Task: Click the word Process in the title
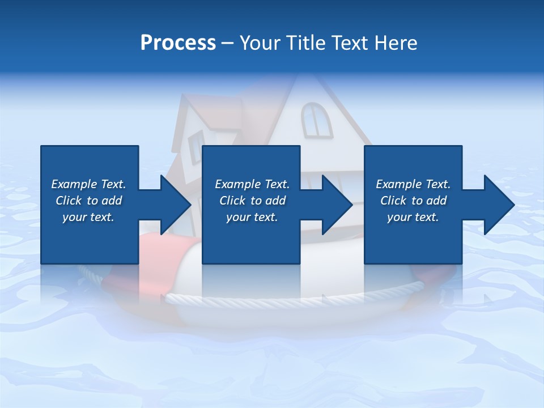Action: tap(178, 43)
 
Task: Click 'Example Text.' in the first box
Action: tap(88, 184)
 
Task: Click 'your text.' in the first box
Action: tap(88, 217)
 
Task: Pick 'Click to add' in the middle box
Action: tap(252, 201)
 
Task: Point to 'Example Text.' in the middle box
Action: tap(252, 184)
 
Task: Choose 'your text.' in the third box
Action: tap(413, 217)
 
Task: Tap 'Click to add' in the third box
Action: tap(413, 201)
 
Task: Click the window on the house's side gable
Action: tap(196, 146)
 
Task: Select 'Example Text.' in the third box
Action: tap(413, 184)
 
